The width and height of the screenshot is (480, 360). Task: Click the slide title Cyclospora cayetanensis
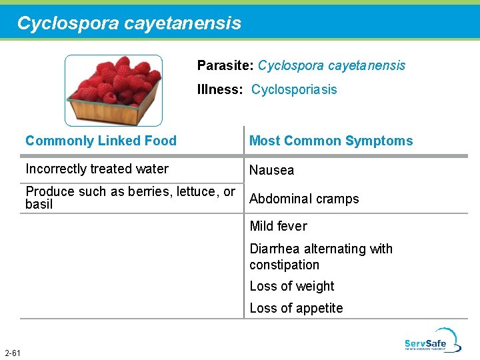tap(129, 23)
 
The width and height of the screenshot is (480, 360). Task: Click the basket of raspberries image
tap(113, 90)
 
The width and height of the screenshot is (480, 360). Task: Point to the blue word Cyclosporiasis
tap(294, 89)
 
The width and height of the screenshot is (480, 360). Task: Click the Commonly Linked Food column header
tap(101, 141)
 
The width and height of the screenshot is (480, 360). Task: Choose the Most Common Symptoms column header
tap(331, 141)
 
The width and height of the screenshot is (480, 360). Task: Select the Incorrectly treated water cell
tap(97, 169)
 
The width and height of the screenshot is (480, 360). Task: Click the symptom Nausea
tap(271, 170)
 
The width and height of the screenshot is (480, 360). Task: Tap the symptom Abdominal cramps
tap(304, 199)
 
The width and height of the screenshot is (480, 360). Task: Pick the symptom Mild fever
tap(278, 226)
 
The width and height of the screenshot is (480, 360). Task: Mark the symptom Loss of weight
tap(291, 286)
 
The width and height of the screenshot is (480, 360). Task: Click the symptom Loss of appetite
tap(296, 308)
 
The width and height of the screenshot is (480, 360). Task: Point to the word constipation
tap(284, 265)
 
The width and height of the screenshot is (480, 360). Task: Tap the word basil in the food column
tap(39, 205)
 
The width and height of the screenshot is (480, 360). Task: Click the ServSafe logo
tap(432, 339)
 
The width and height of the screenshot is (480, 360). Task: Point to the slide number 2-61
tap(12, 352)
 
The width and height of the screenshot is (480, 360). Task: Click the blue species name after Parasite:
tap(331, 65)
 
